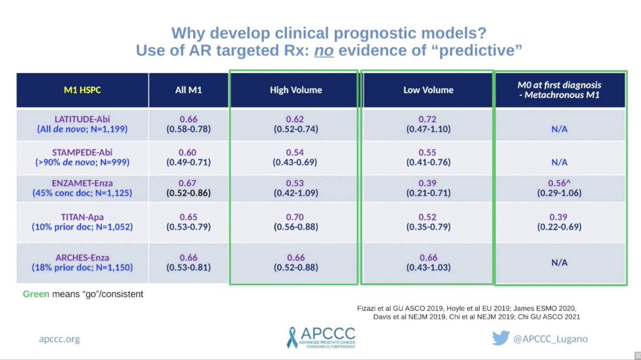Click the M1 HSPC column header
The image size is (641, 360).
point(82,90)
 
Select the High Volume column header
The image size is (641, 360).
point(296,90)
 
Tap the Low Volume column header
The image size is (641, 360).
point(428,90)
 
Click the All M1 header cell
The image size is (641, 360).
point(189,90)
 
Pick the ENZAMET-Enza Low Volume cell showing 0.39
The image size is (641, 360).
point(428,187)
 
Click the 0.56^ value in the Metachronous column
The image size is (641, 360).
point(559,183)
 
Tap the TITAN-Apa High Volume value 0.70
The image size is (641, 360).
point(295,217)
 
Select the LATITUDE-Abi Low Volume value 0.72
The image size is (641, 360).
point(427,119)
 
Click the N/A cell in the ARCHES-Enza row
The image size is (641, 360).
point(559,262)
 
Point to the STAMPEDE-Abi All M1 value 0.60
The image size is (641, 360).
point(187,152)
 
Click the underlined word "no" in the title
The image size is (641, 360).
point(324,50)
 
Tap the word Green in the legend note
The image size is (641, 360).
point(36,294)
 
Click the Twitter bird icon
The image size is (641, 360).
point(501,338)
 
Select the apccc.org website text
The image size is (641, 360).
point(59,339)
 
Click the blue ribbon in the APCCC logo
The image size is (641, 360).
point(292,338)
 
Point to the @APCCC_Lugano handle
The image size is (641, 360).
point(551,339)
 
